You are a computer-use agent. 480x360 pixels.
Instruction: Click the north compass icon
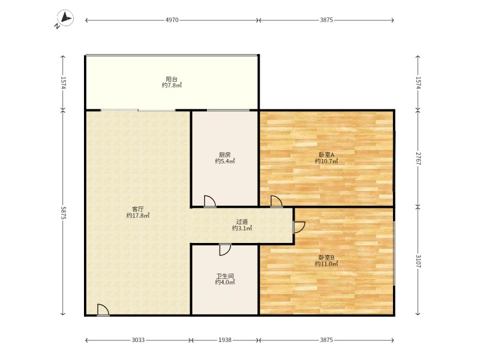point(65,18)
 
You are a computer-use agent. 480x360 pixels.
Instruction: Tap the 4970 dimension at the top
point(172,20)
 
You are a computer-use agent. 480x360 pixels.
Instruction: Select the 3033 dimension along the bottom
point(138,340)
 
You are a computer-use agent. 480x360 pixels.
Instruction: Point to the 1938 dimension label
point(225,340)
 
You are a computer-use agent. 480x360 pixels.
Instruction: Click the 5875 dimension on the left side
point(63,212)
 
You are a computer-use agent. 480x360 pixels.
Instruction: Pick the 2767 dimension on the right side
point(418,158)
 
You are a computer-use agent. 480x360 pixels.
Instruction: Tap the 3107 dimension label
point(418,261)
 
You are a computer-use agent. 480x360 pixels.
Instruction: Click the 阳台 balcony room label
point(172,79)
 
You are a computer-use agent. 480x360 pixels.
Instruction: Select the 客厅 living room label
point(138,209)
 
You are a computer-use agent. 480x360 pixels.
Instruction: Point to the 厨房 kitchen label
point(224,155)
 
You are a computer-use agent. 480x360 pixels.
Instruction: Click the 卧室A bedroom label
point(326,155)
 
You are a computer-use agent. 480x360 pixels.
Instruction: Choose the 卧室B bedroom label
point(326,258)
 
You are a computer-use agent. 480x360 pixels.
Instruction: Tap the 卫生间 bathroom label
point(225,276)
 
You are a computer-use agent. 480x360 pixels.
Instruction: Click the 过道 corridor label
point(242,222)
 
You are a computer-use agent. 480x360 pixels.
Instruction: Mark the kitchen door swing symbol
point(209,202)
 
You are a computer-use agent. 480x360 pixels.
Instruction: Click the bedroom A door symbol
point(276,202)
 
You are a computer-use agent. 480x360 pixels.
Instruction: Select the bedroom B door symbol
point(299,227)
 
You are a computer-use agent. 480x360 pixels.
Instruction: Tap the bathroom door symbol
point(225,250)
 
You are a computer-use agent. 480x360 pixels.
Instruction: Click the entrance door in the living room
point(103,310)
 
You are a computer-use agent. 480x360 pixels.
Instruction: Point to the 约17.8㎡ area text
point(138,216)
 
